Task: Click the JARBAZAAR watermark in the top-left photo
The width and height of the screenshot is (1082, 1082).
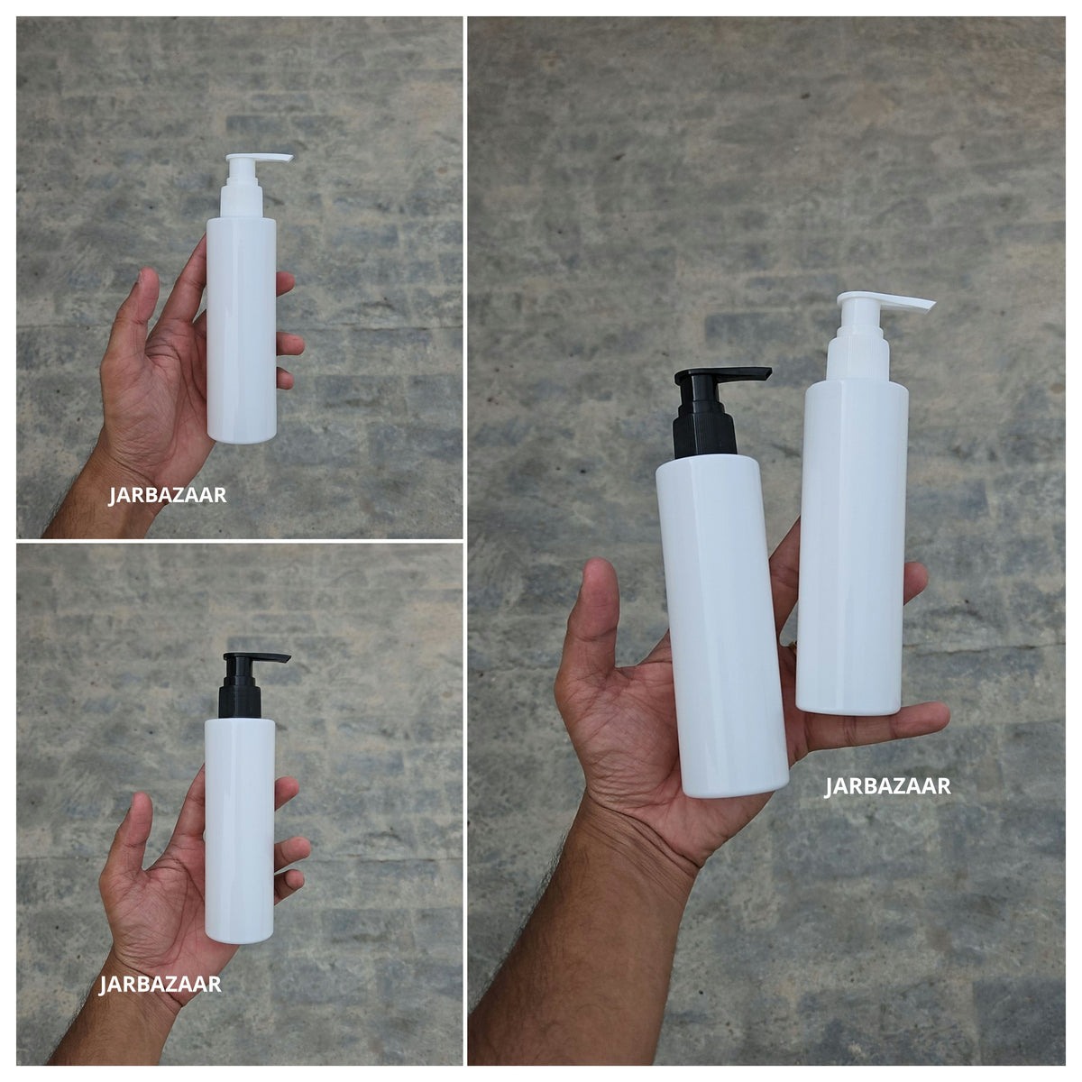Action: (x=168, y=495)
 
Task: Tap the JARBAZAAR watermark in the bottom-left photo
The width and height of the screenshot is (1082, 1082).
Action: (x=160, y=984)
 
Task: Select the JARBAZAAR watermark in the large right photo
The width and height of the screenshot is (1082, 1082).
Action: (x=887, y=786)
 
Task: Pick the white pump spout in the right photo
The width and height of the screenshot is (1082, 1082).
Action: (x=885, y=300)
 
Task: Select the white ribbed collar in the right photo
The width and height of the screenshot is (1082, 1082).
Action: (x=858, y=356)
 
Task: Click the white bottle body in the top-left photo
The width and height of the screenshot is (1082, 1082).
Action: (x=242, y=330)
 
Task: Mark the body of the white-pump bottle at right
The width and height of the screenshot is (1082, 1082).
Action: (x=852, y=547)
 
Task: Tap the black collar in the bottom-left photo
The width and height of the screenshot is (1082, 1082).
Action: (x=240, y=697)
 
